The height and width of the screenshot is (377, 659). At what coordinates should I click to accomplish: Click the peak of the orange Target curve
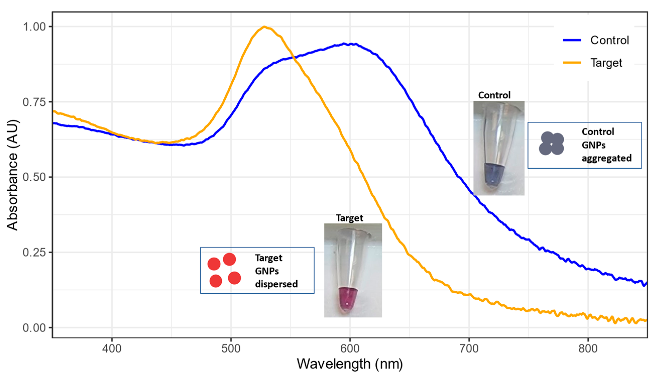(264, 27)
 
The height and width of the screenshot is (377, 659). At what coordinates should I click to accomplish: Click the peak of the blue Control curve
(344, 44)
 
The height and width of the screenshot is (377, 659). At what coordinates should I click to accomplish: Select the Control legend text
(609, 40)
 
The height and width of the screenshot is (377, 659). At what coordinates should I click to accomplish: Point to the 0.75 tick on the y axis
(34, 102)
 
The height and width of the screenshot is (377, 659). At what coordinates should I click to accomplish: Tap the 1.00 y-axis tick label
(34, 27)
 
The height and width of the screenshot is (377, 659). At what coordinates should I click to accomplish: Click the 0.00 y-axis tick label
(34, 328)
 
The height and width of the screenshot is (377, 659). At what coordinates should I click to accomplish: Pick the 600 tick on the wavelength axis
(350, 348)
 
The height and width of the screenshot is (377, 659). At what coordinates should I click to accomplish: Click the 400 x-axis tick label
(112, 348)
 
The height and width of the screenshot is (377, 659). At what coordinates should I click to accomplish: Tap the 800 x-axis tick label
(588, 348)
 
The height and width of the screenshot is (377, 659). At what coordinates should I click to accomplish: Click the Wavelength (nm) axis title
(350, 364)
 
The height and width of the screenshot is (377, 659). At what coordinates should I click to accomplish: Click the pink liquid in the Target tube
(347, 298)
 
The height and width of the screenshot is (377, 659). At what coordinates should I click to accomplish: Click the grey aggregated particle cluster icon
(551, 144)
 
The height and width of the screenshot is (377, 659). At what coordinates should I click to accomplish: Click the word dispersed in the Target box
(276, 284)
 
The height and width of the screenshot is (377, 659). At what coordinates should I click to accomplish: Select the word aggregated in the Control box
(607, 158)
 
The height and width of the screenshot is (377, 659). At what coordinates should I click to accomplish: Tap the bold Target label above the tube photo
(349, 218)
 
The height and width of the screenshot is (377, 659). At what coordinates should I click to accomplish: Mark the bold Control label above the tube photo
(494, 95)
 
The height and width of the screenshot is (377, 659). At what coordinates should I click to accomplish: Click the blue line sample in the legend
(572, 40)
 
